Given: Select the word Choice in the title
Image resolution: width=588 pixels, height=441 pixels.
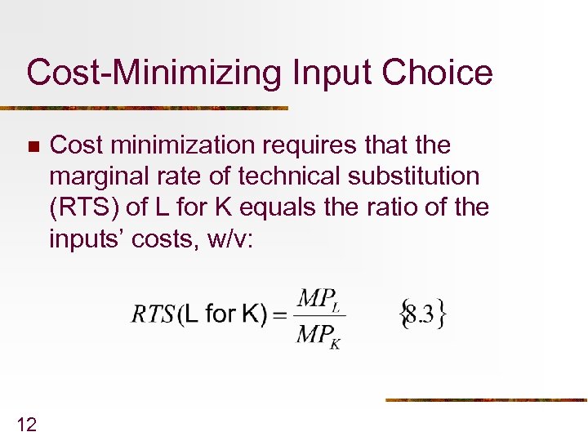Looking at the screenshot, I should pyautogui.click(x=440, y=73).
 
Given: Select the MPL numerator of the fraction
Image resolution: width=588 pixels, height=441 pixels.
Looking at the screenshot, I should pyautogui.click(x=318, y=300).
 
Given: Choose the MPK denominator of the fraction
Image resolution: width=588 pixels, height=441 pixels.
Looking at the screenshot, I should pyautogui.click(x=318, y=335).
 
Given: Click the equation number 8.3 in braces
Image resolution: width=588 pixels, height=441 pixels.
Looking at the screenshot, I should pyautogui.click(x=421, y=314).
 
